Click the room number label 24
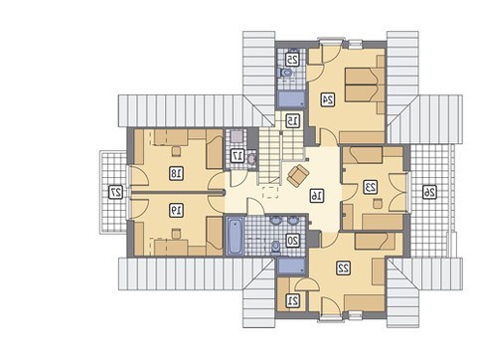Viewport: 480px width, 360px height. coord(329,99)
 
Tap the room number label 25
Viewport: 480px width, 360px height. coord(292,60)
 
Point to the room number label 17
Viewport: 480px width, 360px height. coord(238,156)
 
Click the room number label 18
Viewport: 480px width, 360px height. coord(176,173)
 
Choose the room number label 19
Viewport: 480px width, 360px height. coord(176,210)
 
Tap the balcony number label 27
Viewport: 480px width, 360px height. coord(116,192)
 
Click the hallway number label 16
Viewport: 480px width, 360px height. coord(317,195)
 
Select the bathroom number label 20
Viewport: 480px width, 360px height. coord(293,240)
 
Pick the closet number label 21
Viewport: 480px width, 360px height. coord(293,300)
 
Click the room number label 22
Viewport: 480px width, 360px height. coord(343,268)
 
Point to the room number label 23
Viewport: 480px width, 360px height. coord(370,187)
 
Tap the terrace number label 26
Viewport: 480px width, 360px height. coord(430,192)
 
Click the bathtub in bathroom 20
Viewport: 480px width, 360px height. coord(235,236)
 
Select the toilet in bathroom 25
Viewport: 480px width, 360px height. coord(285,73)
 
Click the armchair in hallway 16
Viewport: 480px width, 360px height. coord(298,175)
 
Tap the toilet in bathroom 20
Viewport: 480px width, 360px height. coord(275,247)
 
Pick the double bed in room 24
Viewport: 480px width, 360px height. coord(365,85)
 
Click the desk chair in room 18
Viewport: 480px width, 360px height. coord(176,151)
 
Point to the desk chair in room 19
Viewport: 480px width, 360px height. coord(176,233)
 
